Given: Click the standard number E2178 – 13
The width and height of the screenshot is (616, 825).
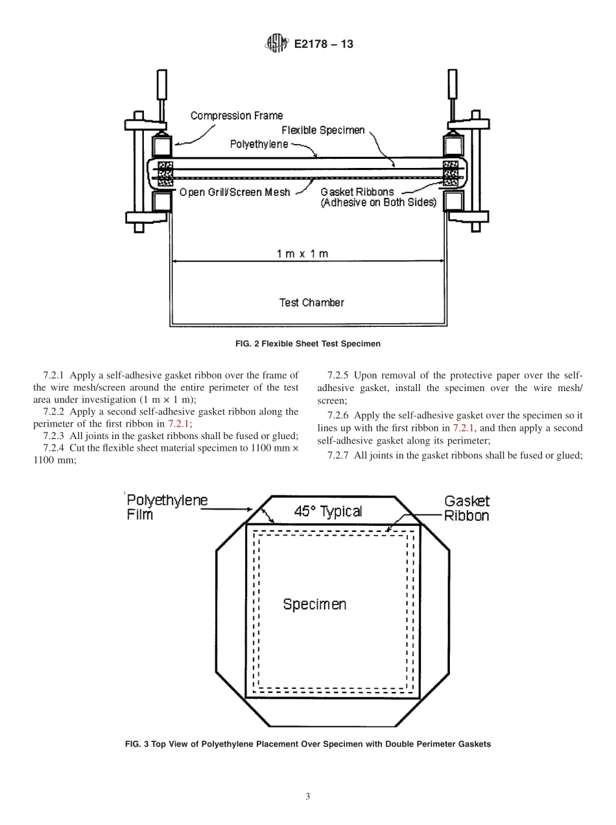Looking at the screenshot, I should [324, 45].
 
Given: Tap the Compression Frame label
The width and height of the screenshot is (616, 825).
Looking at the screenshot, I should [236, 116].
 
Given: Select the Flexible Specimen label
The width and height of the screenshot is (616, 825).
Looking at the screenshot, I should [323, 130].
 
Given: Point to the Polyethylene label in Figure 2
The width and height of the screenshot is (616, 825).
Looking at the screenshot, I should [259, 144].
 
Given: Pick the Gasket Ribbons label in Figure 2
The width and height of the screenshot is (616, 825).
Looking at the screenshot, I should [357, 192].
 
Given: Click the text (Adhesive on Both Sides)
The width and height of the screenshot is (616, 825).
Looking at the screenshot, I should [379, 202].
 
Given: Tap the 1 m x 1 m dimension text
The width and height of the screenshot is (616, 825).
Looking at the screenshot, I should [302, 254].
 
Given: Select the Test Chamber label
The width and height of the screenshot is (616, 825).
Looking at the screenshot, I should [311, 302].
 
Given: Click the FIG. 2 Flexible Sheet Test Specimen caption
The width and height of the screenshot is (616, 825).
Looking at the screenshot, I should [307, 344].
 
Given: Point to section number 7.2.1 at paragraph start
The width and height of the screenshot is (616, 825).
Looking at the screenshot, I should [54, 375].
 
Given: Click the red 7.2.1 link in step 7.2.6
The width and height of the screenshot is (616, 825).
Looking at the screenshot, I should [465, 428].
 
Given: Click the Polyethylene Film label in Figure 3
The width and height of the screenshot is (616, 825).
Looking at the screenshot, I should [167, 507].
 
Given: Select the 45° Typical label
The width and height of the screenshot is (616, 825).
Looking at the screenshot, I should [327, 511].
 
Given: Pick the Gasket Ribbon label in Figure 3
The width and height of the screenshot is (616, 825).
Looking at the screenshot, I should [466, 508].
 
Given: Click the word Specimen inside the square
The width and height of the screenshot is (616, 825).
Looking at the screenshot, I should [314, 604].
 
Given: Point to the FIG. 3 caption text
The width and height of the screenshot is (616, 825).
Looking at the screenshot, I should [307, 744].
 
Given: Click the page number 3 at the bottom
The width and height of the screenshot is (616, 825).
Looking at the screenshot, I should [308, 796].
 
